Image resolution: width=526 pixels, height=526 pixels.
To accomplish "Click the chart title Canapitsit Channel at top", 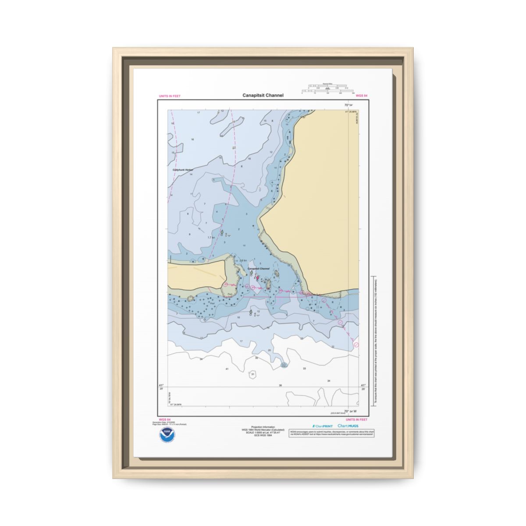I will coord(263,96).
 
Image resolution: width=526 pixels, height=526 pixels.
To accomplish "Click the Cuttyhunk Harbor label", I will coord(183,169).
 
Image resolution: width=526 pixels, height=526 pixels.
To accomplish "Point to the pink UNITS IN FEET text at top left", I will coord(169,96).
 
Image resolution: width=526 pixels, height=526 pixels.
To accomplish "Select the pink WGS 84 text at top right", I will coord(361,96).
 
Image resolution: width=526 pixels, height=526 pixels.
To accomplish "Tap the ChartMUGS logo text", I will coord(348,426).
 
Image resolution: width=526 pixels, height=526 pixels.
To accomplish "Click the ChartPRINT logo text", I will coord(323,426).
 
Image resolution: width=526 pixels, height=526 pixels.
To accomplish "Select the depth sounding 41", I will coord(227,369).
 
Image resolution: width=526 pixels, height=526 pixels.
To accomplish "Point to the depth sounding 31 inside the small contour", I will coord(252,374).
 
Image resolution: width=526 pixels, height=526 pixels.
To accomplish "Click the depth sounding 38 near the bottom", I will coord(280,385).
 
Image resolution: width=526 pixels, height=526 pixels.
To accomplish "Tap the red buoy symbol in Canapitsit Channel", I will coord(257,277).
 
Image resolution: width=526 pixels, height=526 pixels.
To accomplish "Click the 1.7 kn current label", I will coord(211,237).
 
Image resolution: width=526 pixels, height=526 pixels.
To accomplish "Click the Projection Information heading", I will coord(263,426).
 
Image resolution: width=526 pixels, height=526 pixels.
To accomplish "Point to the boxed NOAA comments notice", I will coord(332,433).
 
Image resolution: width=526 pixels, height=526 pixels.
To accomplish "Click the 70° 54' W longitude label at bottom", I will coord(350,411).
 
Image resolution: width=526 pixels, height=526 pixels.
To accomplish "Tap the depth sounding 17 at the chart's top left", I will coord(198,113).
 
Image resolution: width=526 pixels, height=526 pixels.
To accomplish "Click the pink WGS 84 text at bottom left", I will coord(164,419).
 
